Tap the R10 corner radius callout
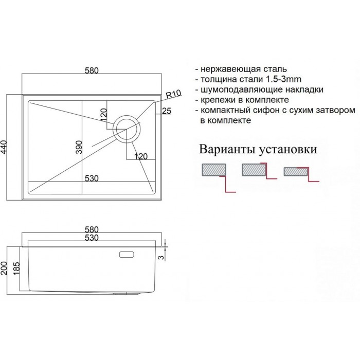(x=173, y=94)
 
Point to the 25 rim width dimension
(x=167, y=111)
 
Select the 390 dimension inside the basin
(x=79, y=147)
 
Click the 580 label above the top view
(x=92, y=70)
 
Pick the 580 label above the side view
(x=92, y=229)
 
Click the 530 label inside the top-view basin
(x=92, y=178)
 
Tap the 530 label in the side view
(x=92, y=238)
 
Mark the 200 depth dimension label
(x=4, y=268)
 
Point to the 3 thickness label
(x=162, y=257)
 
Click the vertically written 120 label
(x=103, y=115)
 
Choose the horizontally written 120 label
(x=140, y=156)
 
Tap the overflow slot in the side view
(x=127, y=255)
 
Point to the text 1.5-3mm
(x=283, y=79)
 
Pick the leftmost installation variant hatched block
(x=214, y=170)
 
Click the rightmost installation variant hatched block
(x=296, y=171)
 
